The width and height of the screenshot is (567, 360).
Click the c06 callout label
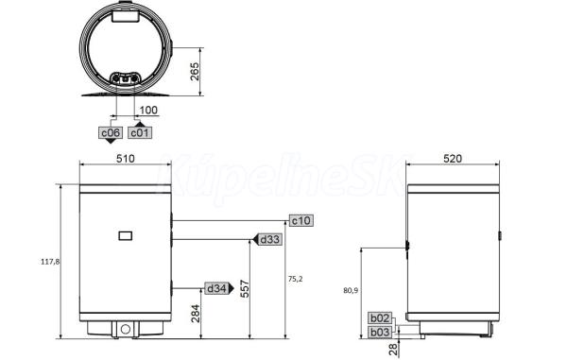pos(111,132)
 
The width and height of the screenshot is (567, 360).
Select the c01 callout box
pos(140,132)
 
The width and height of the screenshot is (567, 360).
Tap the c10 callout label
pos(301,220)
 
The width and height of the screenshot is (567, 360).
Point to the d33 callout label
pos(269,239)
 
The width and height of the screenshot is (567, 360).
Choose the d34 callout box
pos(216,288)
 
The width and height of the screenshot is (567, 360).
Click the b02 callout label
pos(380,318)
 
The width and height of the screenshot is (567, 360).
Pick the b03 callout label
pos(380,332)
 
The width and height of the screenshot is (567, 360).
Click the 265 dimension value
pos(195,72)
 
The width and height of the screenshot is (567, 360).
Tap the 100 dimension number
pos(148,110)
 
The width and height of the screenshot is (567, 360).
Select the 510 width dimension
pos(125,159)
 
